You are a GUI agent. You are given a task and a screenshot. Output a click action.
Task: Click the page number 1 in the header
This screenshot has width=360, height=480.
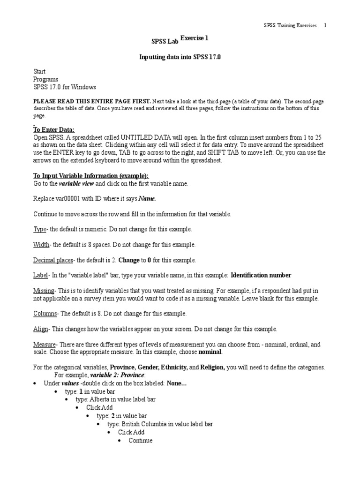[325, 25]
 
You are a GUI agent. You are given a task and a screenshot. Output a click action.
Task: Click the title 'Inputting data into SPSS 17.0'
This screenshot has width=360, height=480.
[180, 57]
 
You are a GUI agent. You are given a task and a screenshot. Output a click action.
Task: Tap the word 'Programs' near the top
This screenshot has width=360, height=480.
[46, 79]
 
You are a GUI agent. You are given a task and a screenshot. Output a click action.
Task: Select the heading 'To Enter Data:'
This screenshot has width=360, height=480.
[54, 130]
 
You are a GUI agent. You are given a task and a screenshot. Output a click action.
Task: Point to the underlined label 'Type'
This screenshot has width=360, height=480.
[39, 229]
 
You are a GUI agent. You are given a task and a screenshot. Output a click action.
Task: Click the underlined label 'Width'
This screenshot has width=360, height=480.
[41, 245]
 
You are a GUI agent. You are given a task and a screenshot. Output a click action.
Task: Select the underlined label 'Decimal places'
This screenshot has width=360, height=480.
[53, 260]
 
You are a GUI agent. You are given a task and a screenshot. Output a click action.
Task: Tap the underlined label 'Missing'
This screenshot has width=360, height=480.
[44, 291]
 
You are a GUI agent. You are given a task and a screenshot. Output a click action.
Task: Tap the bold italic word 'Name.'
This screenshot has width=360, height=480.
[147, 199]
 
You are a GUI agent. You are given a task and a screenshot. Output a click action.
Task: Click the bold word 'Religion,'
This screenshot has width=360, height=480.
[213, 367]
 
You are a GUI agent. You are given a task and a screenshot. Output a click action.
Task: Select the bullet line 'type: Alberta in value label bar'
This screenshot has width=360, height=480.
[116, 399]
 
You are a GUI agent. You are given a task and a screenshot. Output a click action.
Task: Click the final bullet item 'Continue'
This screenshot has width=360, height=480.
[141, 440]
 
